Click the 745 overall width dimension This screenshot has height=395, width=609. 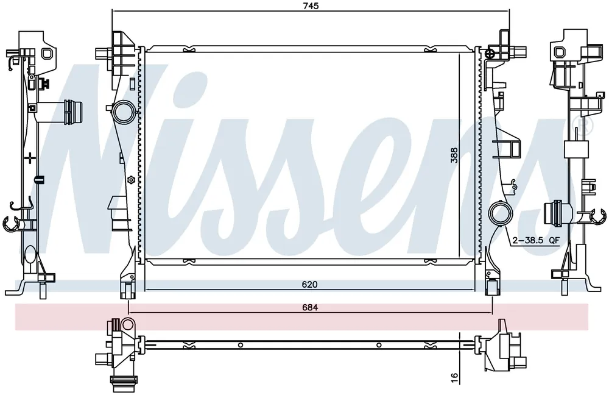click(x=311, y=6)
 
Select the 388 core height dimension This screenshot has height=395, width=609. click(x=454, y=155)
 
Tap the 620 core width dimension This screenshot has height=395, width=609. click(x=309, y=285)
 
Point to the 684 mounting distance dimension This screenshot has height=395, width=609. click(x=311, y=307)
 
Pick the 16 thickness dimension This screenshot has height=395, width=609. click(x=454, y=377)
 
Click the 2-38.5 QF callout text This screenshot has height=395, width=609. click(x=536, y=240)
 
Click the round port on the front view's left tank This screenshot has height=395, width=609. click(x=124, y=111)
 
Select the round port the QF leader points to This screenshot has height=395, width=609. click(x=501, y=213)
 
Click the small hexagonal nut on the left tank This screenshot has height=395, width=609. click(x=130, y=180)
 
